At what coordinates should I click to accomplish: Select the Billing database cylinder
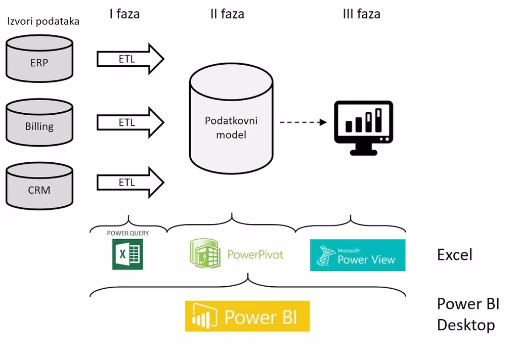39,123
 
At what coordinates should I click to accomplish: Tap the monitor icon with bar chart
363,127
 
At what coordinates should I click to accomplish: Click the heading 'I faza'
124,14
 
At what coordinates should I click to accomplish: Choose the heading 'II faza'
227,14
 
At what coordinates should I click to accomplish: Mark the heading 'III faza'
361,14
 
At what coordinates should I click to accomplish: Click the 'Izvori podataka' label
43,22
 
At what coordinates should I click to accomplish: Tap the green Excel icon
127,254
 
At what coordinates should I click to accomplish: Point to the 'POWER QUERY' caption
127,233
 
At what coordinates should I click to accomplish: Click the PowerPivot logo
236,253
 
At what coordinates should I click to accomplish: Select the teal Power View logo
358,255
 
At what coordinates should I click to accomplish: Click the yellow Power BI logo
247,317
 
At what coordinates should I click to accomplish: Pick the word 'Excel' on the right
454,254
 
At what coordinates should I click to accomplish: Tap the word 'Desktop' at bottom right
466,325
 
